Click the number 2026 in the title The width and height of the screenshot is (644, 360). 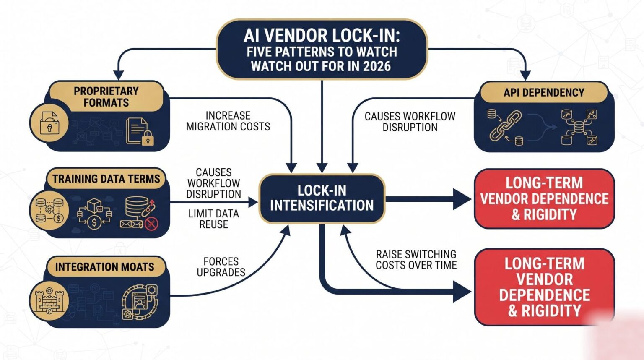(x=377, y=66)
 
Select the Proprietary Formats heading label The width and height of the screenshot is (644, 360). (x=106, y=97)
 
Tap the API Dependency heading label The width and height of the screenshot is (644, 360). (x=544, y=92)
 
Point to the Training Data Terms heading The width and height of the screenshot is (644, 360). (x=106, y=179)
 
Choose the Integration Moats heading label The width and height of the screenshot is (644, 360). (x=105, y=267)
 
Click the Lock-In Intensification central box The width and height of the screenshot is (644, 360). (x=322, y=198)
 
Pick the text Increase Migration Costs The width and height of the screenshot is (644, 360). (x=228, y=121)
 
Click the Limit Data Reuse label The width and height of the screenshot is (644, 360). (x=213, y=219)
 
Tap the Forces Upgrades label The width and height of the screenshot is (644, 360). (x=221, y=266)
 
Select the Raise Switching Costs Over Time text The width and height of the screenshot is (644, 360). (x=416, y=260)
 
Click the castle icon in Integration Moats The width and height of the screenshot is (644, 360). (x=49, y=301)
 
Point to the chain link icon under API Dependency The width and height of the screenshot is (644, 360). (x=505, y=126)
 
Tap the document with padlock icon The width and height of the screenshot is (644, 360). (x=140, y=131)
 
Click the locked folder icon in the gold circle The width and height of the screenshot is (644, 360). (x=49, y=123)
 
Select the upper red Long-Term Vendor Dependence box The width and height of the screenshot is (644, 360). (x=544, y=198)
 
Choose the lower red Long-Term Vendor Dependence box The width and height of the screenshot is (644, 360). (x=544, y=287)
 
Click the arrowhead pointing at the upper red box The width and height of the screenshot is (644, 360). (x=462, y=199)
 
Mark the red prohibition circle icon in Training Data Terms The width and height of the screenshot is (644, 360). (x=151, y=224)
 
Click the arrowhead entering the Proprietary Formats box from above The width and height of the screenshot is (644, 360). (x=119, y=75)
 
